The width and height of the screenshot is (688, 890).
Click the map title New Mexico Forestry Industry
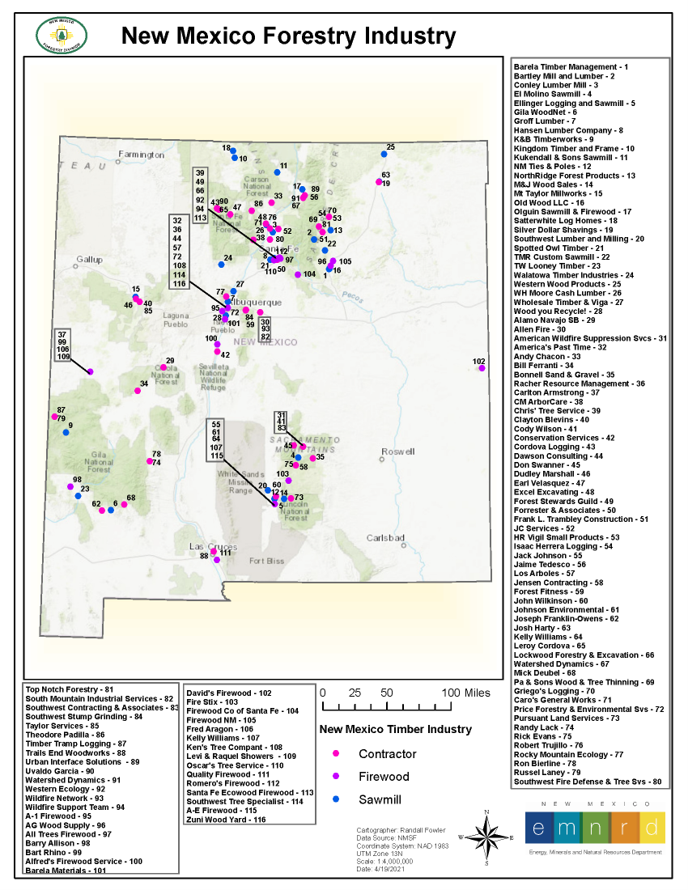(287, 36)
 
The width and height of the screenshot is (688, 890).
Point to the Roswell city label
(397, 451)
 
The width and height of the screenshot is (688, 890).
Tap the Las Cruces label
(208, 546)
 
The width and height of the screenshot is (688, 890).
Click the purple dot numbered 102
(482, 368)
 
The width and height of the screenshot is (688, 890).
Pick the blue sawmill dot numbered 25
(384, 154)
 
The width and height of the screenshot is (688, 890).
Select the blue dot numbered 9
(66, 432)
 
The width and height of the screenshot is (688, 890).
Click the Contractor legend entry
(387, 754)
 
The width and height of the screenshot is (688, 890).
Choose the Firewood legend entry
(384, 777)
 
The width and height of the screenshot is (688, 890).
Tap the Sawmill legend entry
(380, 799)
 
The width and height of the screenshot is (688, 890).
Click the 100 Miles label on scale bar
(465, 693)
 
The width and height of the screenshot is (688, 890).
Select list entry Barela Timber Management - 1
(571, 66)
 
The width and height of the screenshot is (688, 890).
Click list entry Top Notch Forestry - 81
(70, 689)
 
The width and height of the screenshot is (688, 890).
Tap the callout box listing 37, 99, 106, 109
(63, 345)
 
